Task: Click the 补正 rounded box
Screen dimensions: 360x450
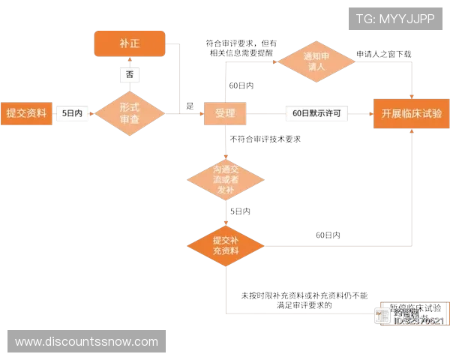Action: [x=129, y=43]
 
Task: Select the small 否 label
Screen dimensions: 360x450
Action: [x=130, y=74]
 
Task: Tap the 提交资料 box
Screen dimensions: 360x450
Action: [x=26, y=113]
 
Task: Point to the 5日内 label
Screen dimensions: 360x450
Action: [x=73, y=113]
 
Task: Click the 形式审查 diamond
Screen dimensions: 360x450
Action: [x=130, y=113]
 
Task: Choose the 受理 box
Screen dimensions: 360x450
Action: [x=225, y=113]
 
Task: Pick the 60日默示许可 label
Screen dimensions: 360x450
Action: [x=316, y=113]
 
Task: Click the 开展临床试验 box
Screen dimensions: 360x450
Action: [x=411, y=113]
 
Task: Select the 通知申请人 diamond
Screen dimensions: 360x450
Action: [x=313, y=61]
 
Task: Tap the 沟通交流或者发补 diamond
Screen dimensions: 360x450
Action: [x=225, y=178]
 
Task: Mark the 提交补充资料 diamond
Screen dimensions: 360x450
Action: [x=225, y=245]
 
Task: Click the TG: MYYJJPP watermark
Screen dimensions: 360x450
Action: [x=395, y=19]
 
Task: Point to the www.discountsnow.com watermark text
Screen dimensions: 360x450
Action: [x=86, y=342]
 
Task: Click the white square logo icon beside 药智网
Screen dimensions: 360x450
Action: [x=382, y=315]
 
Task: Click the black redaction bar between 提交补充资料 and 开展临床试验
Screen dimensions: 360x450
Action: [x=327, y=234]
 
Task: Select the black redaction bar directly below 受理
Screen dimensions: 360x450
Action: [x=266, y=138]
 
